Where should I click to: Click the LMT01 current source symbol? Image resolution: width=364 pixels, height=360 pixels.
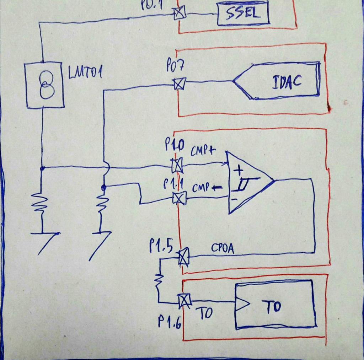click(x=45, y=86)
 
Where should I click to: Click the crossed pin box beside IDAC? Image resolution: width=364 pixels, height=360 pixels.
click(x=179, y=84)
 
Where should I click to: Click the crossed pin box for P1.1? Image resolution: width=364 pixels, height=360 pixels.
click(x=179, y=198)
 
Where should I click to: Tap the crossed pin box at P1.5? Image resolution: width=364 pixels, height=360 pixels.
click(x=183, y=257)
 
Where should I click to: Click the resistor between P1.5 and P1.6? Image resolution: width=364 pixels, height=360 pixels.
click(x=159, y=281)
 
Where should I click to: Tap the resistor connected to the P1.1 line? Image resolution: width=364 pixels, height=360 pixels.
click(x=103, y=205)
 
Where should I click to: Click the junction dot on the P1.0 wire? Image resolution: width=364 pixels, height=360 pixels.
click(x=42, y=167)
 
